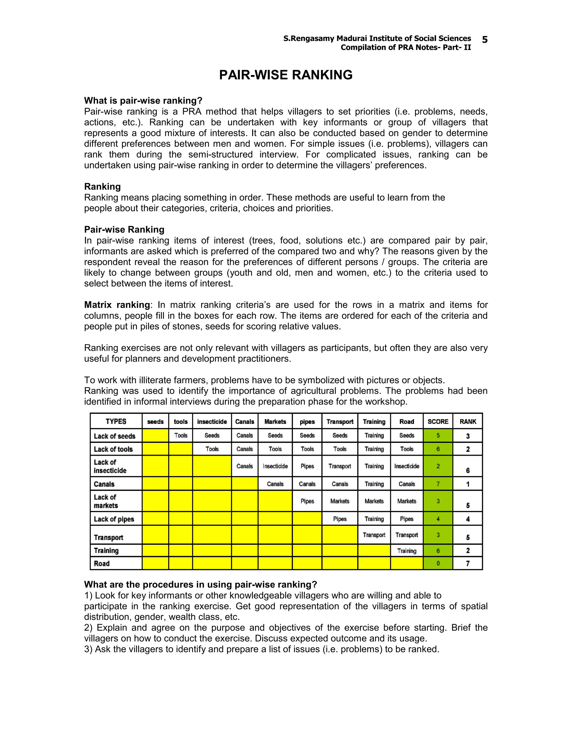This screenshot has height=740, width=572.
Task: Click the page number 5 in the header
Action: [485, 40]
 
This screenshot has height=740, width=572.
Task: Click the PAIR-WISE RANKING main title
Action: [286, 75]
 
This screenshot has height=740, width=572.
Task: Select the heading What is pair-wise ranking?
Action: [143, 101]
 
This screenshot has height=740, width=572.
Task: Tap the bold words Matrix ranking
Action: [117, 305]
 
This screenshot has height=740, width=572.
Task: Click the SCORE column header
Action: [438, 421]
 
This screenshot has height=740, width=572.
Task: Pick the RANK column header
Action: [468, 421]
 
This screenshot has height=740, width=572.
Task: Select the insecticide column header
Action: [212, 421]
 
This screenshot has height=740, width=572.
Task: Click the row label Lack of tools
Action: [113, 449]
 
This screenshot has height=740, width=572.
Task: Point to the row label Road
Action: [102, 564]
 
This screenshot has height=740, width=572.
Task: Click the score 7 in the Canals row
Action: [438, 484]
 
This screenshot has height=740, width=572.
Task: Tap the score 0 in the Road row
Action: [438, 564]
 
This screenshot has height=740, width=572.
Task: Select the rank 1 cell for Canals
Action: [468, 484]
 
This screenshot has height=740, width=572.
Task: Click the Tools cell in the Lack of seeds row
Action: [181, 435]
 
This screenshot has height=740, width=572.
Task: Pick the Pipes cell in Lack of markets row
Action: [307, 501]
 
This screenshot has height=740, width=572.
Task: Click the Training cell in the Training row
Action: [407, 551]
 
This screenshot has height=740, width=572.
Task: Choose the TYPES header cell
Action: [116, 421]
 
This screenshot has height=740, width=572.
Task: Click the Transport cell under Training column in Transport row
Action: [374, 535]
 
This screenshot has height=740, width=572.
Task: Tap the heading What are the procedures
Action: [200, 584]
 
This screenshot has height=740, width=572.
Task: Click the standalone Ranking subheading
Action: [102, 187]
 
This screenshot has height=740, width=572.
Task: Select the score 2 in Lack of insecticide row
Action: [438, 466]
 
